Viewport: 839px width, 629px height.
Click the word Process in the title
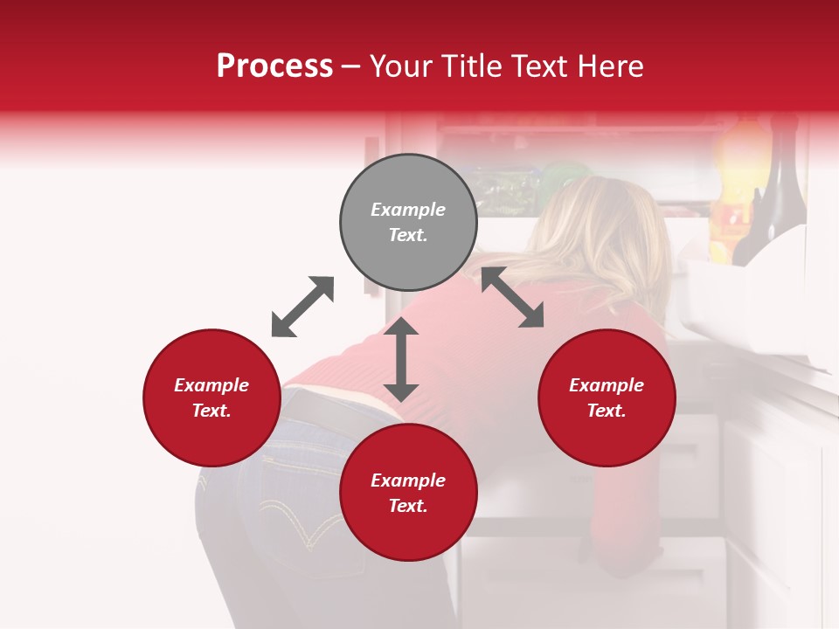click(274, 66)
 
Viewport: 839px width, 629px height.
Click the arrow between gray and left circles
click(302, 307)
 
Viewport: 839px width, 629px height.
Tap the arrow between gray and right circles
click(512, 297)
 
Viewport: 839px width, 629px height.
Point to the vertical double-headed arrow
click(401, 359)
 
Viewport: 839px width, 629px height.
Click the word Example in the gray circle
click(408, 210)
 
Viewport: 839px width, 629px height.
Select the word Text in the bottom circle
click(408, 506)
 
